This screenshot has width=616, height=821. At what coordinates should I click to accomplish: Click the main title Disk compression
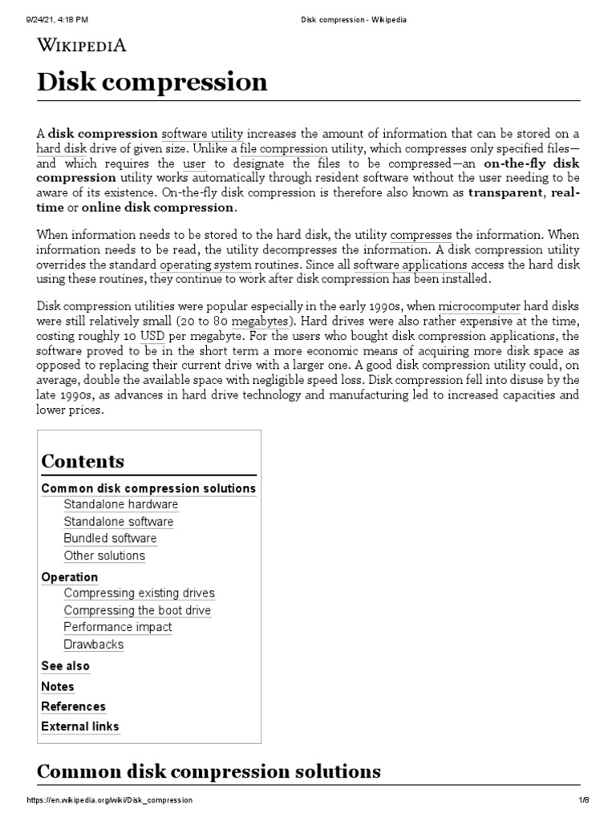(x=152, y=82)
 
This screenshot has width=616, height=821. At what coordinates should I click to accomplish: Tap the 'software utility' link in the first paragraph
(x=202, y=133)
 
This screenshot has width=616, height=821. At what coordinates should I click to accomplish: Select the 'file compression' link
(x=283, y=148)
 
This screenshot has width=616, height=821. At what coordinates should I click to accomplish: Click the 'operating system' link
(x=205, y=264)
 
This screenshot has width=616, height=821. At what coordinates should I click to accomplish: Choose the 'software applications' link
(x=410, y=264)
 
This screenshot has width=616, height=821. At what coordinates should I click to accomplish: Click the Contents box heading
(x=83, y=461)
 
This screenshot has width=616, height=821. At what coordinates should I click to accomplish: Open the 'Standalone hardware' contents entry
(x=120, y=504)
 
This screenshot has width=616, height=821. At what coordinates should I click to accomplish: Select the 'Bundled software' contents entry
(x=110, y=538)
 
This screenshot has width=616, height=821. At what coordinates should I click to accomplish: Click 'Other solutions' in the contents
(x=104, y=555)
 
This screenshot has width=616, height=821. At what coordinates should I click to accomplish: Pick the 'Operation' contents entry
(x=69, y=576)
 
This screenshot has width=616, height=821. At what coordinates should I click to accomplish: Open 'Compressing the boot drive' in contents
(x=137, y=610)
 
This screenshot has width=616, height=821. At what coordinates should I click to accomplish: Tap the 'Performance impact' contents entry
(x=117, y=627)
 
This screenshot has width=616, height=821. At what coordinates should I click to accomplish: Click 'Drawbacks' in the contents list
(x=93, y=644)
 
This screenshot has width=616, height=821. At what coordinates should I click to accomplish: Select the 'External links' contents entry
(x=79, y=726)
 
